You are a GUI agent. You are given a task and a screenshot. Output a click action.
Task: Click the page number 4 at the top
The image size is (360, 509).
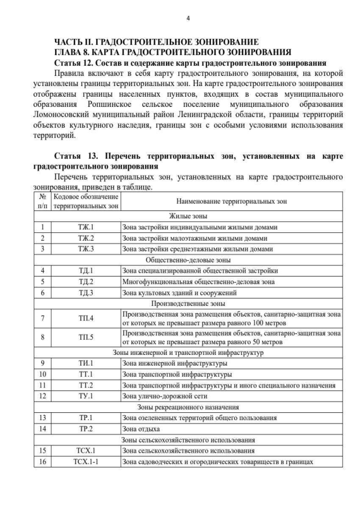pos(188,19)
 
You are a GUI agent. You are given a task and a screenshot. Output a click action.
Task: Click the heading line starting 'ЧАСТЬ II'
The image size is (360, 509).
pos(156,42)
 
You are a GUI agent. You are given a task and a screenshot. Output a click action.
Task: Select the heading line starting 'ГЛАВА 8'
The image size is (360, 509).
pos(173,52)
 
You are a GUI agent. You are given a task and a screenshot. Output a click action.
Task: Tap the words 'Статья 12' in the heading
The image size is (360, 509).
pos(75,62)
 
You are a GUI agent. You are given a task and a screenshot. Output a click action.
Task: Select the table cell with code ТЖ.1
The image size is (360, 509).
pos(85,228)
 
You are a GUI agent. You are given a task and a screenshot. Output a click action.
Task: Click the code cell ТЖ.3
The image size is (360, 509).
pos(85,249)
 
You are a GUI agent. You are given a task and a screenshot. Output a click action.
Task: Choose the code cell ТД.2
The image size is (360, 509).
pos(85,281)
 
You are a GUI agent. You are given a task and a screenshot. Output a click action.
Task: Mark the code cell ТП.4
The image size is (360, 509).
pos(85,319)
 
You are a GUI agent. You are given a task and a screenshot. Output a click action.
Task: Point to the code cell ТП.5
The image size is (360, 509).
pos(85,337)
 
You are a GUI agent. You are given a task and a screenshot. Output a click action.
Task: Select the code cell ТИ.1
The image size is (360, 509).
pos(85,363)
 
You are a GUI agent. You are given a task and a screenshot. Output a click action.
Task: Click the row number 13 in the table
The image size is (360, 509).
pos(43,418)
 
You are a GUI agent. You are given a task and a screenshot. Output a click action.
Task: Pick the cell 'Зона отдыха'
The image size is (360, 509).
pos(141,429)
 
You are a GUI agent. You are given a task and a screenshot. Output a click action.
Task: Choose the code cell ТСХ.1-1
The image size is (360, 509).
pos(85,462)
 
